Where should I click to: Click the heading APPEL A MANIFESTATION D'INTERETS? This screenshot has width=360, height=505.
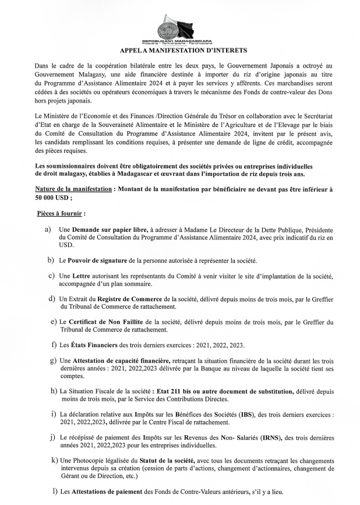click(x=180, y=51)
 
